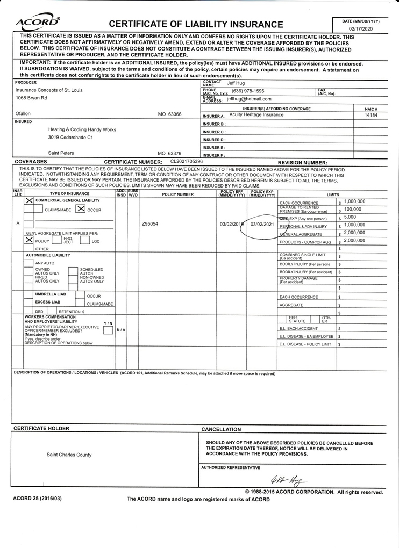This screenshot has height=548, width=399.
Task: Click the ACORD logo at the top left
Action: [x=38, y=22]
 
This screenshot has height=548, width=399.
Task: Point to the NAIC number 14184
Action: [x=370, y=115]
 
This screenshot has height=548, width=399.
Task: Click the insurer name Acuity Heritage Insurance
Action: [x=256, y=115]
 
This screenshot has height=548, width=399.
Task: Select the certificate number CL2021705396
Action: [x=187, y=161]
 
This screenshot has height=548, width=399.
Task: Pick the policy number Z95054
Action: [x=150, y=223]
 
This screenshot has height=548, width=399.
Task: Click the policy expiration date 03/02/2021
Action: [x=262, y=224]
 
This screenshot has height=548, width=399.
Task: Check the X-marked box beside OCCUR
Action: [x=81, y=209]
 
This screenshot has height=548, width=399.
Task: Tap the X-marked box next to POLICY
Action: [x=29, y=241]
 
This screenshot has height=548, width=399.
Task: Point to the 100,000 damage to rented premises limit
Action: [x=352, y=209]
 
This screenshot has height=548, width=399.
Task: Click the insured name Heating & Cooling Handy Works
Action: [x=82, y=129]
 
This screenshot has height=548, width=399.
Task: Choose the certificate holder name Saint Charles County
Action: [x=69, y=455]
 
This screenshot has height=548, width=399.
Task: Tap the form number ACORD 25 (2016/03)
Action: [x=37, y=499]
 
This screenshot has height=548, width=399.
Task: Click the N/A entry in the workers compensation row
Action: [x=121, y=329]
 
